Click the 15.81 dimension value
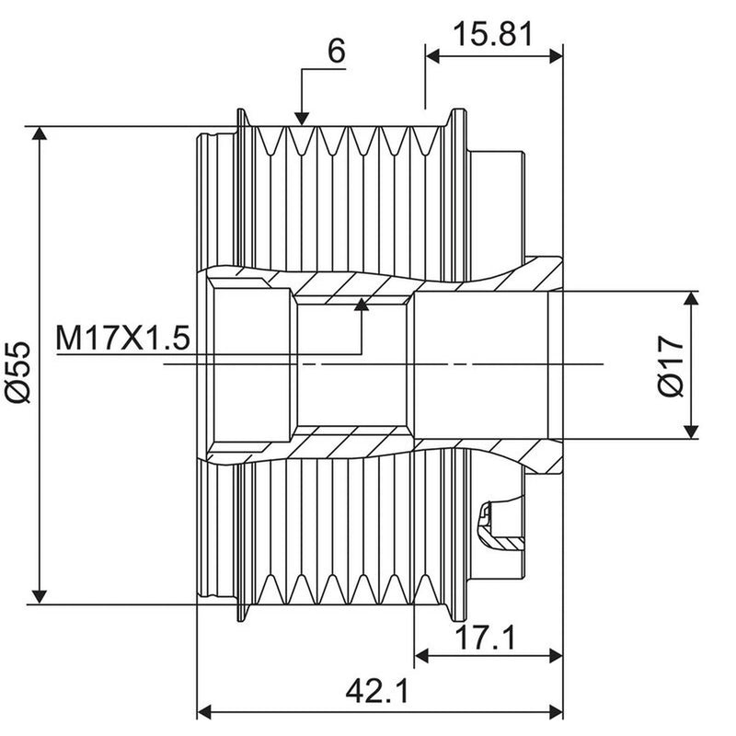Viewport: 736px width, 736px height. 493,34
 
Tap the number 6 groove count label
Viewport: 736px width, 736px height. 337,51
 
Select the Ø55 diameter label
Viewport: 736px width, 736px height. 18,373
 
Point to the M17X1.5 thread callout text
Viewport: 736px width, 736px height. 123,338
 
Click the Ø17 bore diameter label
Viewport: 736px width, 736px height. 672,366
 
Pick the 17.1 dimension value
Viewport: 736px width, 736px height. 486,637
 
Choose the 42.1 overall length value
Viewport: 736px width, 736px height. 377,691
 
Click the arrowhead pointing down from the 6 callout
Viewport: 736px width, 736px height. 302,120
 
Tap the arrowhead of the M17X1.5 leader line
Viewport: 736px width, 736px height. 362,305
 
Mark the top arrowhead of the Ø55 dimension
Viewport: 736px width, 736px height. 40,133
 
